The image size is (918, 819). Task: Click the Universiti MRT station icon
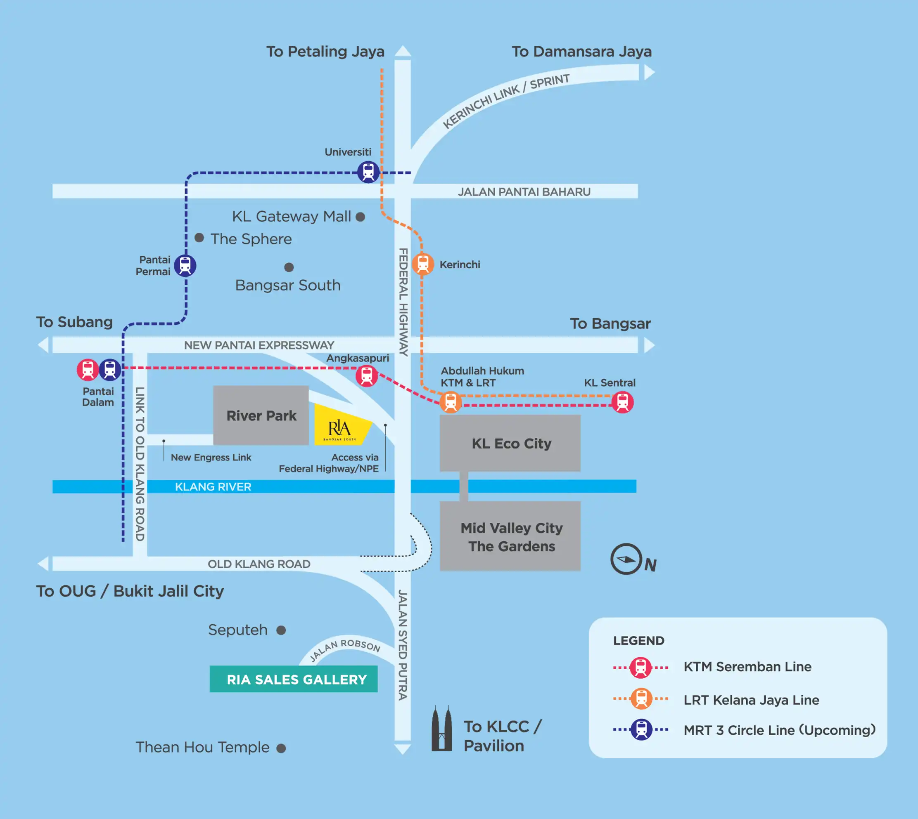368,172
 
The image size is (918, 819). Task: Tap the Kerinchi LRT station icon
422,264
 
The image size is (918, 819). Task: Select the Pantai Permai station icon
185,265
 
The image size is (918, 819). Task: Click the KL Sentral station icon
622,402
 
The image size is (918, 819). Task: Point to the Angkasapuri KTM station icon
367,376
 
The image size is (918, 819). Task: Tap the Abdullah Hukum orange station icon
451,402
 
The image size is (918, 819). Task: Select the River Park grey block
261,415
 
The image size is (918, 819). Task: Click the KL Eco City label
511,444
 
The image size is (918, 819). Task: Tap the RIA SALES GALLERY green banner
294,679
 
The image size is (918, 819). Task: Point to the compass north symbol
626,559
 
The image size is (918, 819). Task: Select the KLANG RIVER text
213,486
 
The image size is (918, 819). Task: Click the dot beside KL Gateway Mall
361,217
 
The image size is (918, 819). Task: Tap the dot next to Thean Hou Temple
281,748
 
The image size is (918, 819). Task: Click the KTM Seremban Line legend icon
640,667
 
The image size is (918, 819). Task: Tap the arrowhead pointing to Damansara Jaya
649,72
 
